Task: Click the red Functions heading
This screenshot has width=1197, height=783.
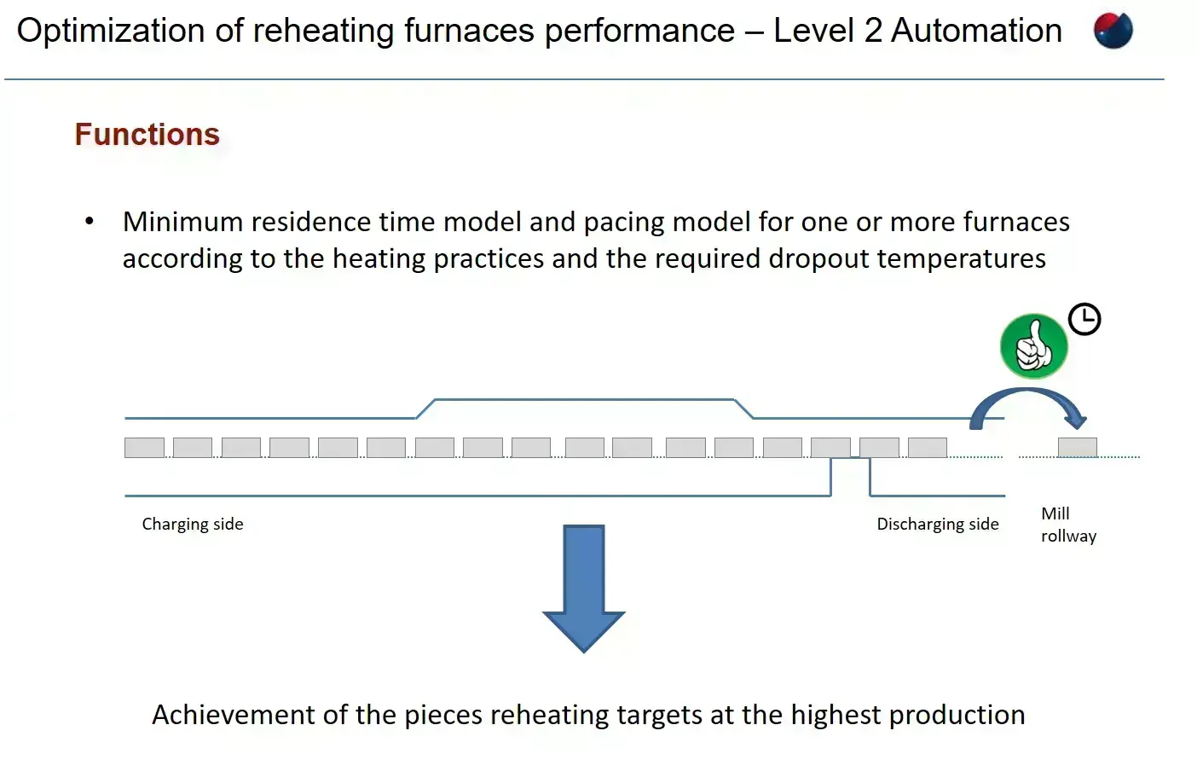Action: (147, 134)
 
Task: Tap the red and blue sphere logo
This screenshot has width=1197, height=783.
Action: (1113, 30)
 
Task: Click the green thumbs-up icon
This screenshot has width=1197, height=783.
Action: (1034, 345)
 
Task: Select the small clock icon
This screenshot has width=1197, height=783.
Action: (1084, 319)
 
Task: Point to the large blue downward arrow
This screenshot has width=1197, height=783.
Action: (583, 588)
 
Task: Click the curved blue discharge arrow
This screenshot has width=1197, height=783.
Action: (1027, 391)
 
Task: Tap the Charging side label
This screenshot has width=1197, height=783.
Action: (193, 524)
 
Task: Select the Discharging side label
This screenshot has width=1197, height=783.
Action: (937, 524)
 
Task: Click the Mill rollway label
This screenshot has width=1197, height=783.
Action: (1068, 525)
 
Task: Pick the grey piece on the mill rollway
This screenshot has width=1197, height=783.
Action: (1078, 447)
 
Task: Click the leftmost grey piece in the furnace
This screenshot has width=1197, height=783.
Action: (144, 447)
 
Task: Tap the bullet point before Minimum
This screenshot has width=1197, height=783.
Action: (90, 221)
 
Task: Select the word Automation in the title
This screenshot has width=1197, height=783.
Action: (976, 30)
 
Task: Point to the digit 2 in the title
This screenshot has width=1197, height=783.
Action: (873, 30)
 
